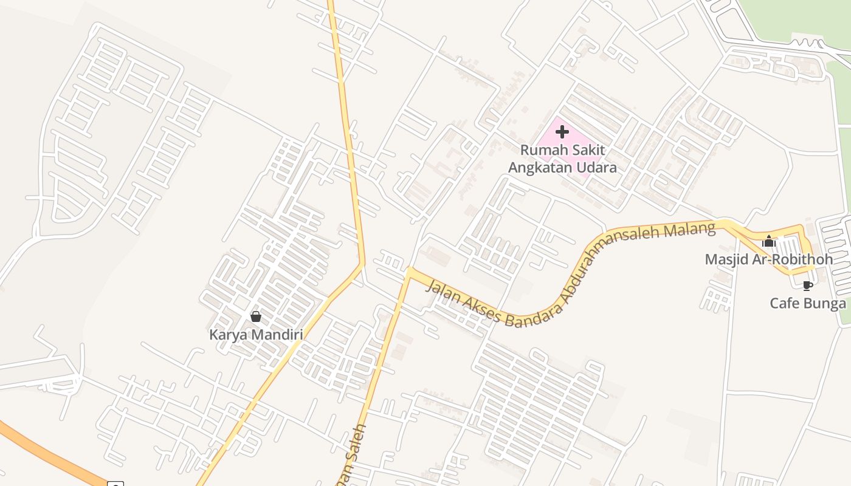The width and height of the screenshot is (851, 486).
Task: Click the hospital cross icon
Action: pos(562,131)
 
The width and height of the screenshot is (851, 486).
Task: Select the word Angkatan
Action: pos(538,168)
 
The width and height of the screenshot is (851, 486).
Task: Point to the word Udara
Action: pos(595,168)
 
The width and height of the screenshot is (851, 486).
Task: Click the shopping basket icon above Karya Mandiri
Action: pos(256,317)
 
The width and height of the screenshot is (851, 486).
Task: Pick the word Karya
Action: pos(227,335)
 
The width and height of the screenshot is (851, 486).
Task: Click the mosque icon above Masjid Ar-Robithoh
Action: pos(769,241)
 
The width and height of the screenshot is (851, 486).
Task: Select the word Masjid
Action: pos(725,260)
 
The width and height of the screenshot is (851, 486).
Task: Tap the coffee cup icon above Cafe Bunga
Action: pos(807,286)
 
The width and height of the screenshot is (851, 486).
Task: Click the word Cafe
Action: pos(784,304)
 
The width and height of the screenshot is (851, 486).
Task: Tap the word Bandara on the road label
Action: pos(528,314)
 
